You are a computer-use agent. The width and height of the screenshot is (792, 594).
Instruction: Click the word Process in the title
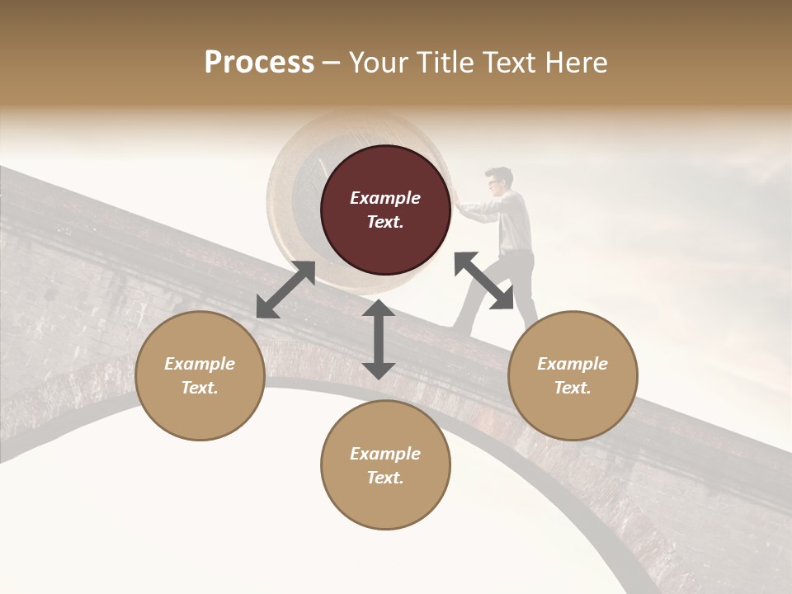coord(259,63)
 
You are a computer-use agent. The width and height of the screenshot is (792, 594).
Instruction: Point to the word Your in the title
coord(377,63)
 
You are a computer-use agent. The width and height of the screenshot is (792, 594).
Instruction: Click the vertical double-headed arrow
coord(379,339)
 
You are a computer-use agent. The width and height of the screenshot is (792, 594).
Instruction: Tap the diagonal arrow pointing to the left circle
coord(285,290)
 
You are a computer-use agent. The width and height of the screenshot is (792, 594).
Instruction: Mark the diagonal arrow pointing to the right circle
coord(483,280)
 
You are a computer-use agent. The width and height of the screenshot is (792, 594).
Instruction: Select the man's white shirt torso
coord(513,219)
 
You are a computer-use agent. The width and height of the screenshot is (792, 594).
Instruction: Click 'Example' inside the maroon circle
coord(385,198)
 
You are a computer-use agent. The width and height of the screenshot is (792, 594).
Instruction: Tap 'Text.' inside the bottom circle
coord(385,478)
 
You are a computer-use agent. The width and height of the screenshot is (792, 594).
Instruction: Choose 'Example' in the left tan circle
coord(200,364)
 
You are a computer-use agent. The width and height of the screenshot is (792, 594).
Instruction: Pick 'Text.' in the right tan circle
coord(573,388)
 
